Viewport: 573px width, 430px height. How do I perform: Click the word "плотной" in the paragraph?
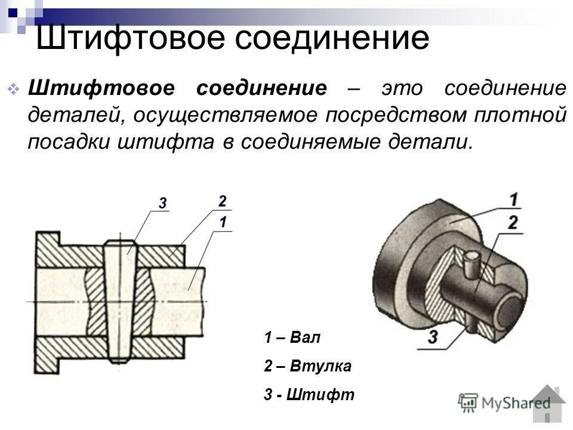pos(518,115)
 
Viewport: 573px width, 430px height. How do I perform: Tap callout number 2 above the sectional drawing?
pos(222,201)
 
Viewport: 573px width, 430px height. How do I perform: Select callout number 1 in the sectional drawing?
pos(223,222)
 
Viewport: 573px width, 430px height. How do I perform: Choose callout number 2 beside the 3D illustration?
pos(512,223)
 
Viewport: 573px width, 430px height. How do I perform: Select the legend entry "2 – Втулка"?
pos(307,366)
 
